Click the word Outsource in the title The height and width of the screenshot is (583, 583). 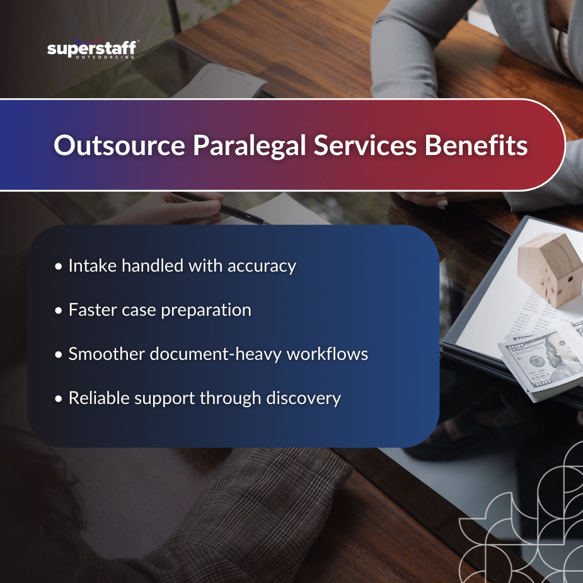pos(118,146)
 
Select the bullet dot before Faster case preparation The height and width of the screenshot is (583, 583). pos(59,311)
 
